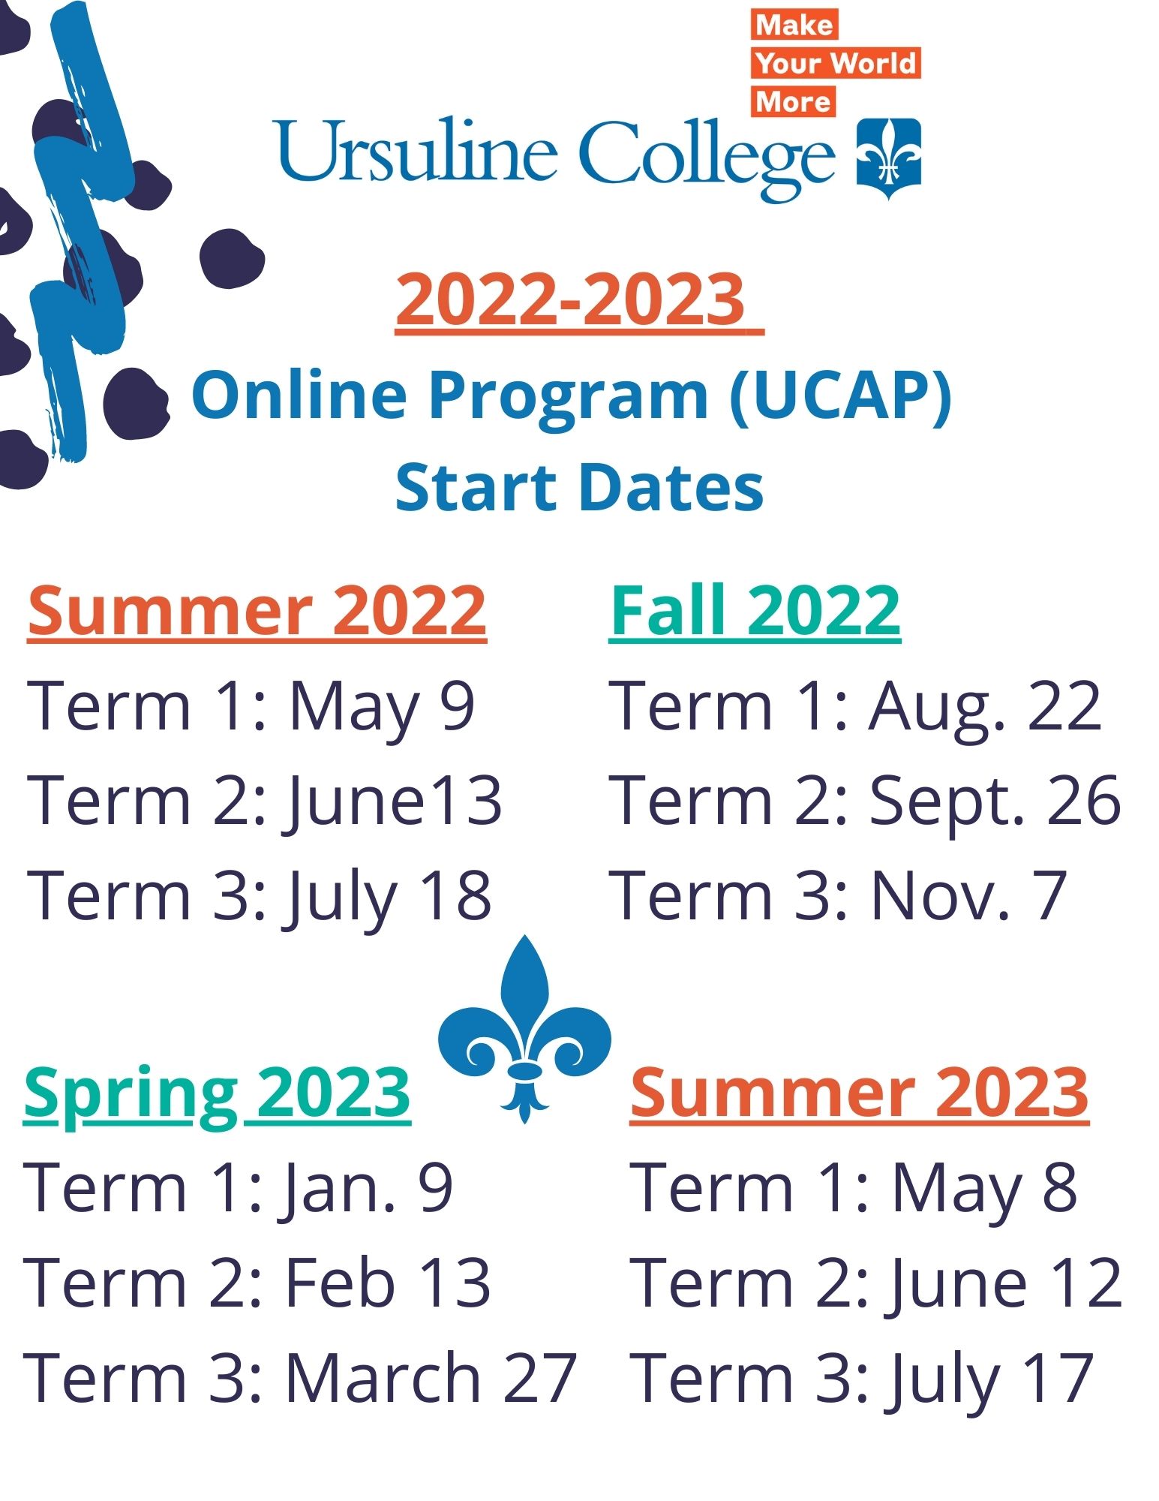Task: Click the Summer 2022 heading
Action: coord(257,611)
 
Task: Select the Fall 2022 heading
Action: coord(755,611)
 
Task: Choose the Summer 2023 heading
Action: coord(860,1093)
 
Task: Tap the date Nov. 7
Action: coord(968,895)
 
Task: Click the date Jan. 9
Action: coord(368,1188)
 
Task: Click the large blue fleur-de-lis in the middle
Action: coord(525,1029)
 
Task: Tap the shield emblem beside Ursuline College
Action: coord(889,158)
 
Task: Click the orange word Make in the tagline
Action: coord(794,26)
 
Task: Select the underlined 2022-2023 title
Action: coord(579,299)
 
